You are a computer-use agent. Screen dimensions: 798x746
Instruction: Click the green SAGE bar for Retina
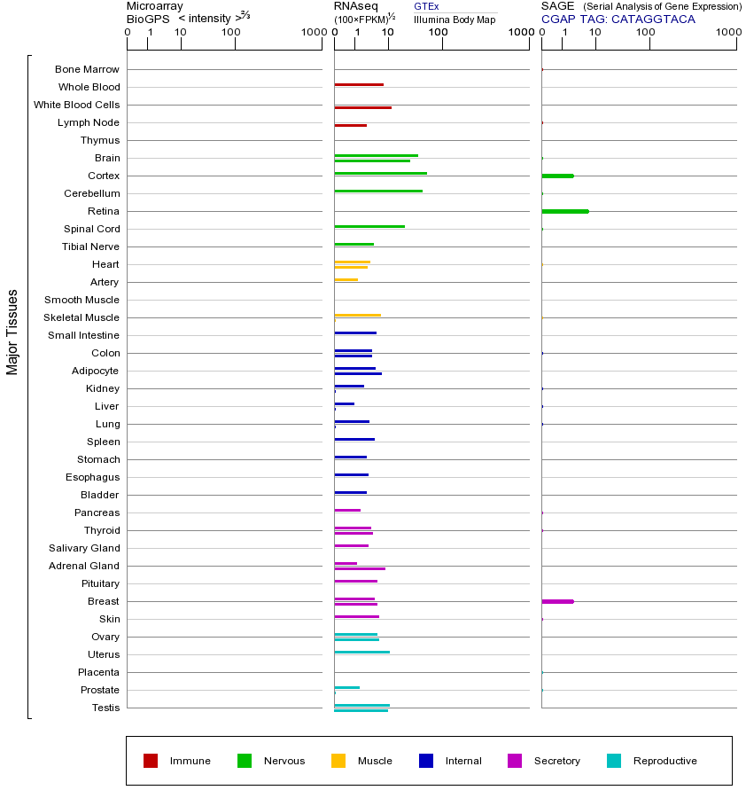564,211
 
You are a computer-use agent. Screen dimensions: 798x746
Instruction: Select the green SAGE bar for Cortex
557,176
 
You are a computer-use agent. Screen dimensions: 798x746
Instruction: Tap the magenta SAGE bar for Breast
557,601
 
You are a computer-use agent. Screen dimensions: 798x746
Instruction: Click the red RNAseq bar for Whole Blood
359,85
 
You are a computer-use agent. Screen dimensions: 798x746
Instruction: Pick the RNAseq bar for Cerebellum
378,192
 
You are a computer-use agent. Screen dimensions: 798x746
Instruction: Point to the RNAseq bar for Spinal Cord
369,227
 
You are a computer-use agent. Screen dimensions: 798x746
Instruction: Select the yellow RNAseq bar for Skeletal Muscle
357,315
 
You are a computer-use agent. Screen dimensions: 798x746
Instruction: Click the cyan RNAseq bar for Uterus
361,652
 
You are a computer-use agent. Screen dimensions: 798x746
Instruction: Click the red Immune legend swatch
151,761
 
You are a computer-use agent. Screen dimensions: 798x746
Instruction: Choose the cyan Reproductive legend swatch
614,761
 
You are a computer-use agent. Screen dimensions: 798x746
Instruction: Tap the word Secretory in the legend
556,761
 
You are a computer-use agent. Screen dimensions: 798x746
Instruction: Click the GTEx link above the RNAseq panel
426,6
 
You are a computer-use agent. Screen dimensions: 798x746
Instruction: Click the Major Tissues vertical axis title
12,332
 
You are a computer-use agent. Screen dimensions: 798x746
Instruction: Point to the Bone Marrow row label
87,69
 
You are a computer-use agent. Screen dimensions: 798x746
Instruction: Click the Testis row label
105,708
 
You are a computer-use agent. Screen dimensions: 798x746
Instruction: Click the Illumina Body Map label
455,19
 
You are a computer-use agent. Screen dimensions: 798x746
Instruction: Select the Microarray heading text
155,6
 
